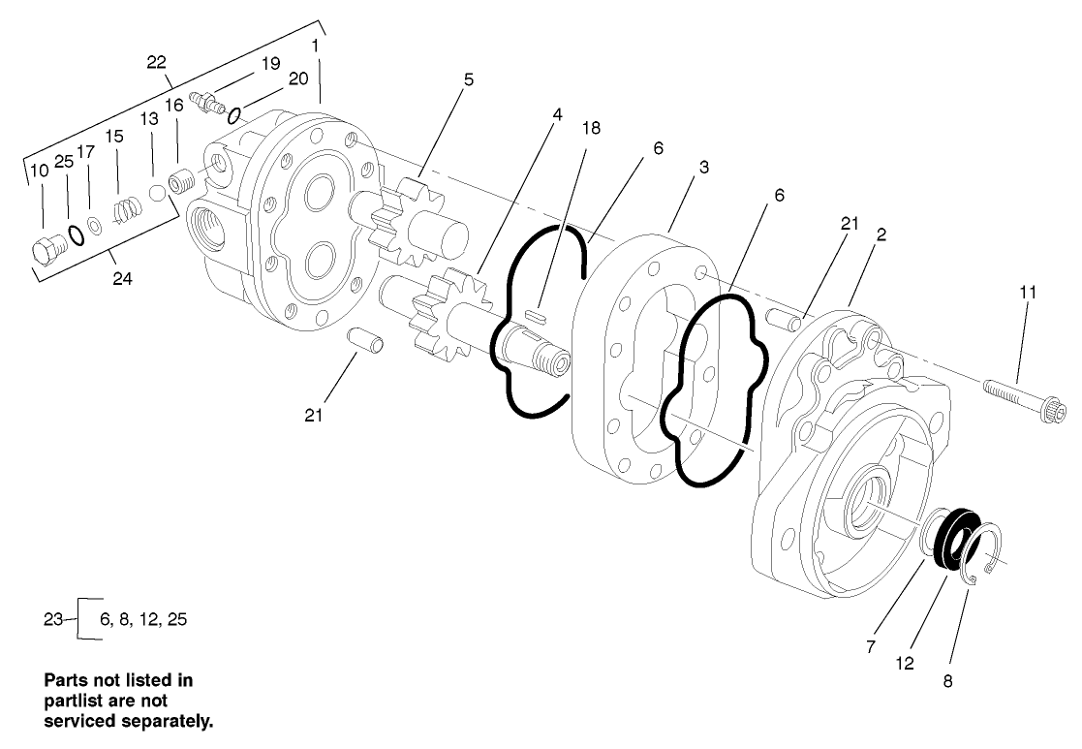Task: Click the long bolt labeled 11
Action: click(x=1023, y=400)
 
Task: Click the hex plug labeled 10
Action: click(x=46, y=250)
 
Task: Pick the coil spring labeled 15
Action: click(x=121, y=208)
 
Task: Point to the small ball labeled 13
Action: click(x=155, y=193)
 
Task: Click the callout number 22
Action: click(x=157, y=62)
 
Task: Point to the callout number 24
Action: click(x=122, y=279)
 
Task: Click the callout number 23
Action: click(x=54, y=618)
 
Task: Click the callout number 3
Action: click(x=703, y=167)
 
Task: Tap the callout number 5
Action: click(x=468, y=79)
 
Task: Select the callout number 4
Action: click(x=557, y=114)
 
